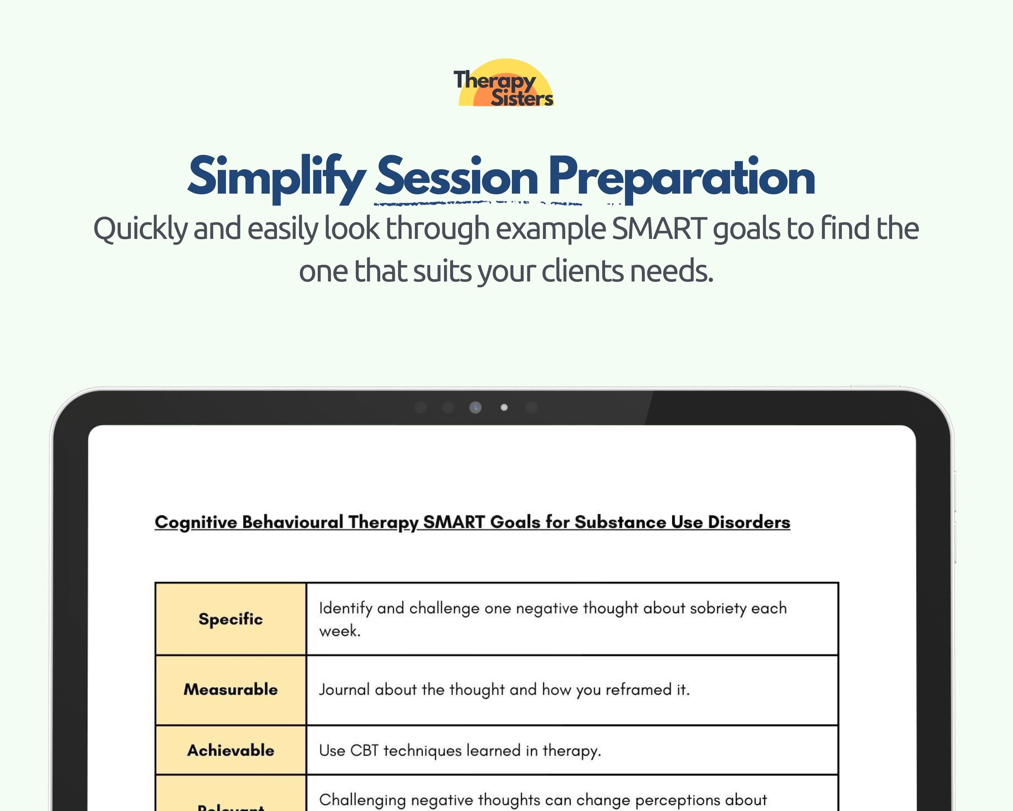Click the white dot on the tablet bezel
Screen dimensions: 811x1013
tap(504, 407)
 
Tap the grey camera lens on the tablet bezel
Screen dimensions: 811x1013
tap(475, 407)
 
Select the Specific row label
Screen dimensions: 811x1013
tap(230, 619)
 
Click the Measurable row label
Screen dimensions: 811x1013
tap(230, 689)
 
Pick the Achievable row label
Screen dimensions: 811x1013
tap(230, 750)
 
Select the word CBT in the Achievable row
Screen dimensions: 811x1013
tap(364, 751)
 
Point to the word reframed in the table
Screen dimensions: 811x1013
tap(638, 690)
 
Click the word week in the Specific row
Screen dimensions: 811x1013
tap(338, 631)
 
